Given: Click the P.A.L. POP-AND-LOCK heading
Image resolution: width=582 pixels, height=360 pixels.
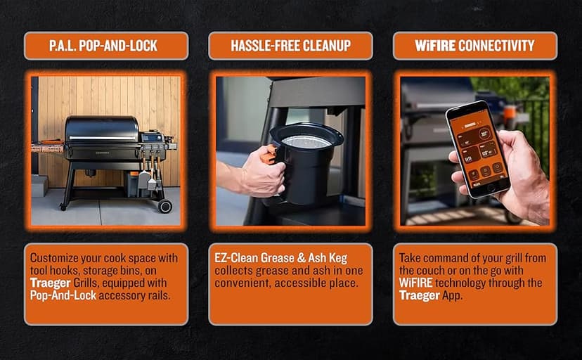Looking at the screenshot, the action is pos(103,46).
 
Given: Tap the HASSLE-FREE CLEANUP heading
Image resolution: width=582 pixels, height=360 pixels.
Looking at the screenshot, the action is pos(290,46).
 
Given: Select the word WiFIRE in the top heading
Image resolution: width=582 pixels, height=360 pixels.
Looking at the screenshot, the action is pos(435,46).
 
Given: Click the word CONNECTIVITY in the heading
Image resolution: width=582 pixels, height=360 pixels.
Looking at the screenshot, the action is pos(496,46).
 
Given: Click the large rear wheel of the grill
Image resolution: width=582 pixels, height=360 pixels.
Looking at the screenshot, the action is pos(164,206).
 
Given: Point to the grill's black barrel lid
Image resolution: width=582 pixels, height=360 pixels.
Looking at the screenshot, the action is pos(101,129).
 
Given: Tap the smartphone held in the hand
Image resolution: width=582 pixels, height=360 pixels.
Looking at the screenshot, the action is pos(478,148).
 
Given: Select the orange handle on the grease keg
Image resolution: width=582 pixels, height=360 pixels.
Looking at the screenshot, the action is pos(269,155).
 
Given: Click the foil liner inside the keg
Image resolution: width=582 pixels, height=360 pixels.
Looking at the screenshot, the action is pos(306,141).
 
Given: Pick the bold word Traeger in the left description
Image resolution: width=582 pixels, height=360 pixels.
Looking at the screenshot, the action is pos(51,283).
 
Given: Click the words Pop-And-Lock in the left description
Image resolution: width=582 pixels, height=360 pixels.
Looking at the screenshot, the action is pos(63,295).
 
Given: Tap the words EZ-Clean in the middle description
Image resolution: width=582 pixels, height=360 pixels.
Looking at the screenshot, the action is pos(236,258).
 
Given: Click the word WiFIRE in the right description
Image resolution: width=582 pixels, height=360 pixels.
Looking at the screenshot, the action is pos(415,283).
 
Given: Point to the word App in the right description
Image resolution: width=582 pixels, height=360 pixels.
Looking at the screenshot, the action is pos(452,296).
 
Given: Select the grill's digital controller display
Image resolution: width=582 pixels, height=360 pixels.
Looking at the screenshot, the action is pos(151,138).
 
